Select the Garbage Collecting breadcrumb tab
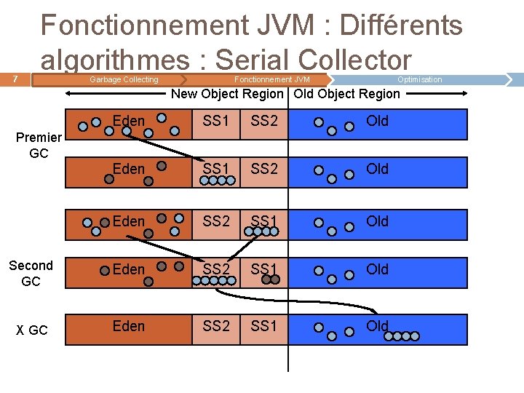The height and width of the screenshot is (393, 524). (x=123, y=79)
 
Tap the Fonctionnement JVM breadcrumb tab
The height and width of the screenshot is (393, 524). (x=271, y=79)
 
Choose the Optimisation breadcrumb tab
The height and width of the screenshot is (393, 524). (x=419, y=79)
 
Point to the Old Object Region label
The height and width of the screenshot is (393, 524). (x=347, y=94)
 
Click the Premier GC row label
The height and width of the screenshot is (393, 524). (x=39, y=146)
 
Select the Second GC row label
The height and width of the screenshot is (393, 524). (x=31, y=274)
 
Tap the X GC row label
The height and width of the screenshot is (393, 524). (x=32, y=330)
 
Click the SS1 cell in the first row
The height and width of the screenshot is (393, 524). (x=216, y=121)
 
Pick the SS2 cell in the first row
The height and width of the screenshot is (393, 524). (x=264, y=121)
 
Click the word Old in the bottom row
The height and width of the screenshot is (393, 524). (x=377, y=326)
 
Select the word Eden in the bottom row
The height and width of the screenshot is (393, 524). (x=129, y=326)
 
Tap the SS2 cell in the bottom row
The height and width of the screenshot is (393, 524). (x=216, y=326)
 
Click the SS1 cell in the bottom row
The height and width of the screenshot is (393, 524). (x=264, y=326)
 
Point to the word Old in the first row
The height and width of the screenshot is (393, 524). (x=377, y=121)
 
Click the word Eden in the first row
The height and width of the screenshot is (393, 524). (x=129, y=121)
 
